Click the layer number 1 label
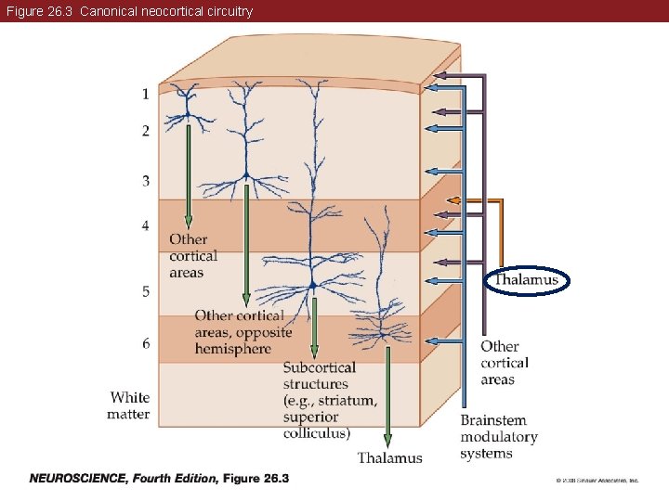coord(145,94)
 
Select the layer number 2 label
coord(145,132)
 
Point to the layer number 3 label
coord(145,180)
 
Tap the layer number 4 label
coord(145,225)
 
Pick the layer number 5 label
coord(145,292)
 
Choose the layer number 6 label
coord(145,343)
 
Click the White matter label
coord(128,405)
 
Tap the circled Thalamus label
coord(526,280)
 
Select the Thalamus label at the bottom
coord(389,457)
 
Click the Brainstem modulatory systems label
coord(499,437)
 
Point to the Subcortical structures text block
coord(330,400)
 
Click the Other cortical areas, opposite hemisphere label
coord(243,332)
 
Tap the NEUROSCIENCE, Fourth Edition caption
coord(159,479)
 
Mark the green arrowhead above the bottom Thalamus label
coord(387,440)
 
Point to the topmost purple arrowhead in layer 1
coord(441,74)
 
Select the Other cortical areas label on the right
coord(505,363)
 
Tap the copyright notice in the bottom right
coord(597,481)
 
